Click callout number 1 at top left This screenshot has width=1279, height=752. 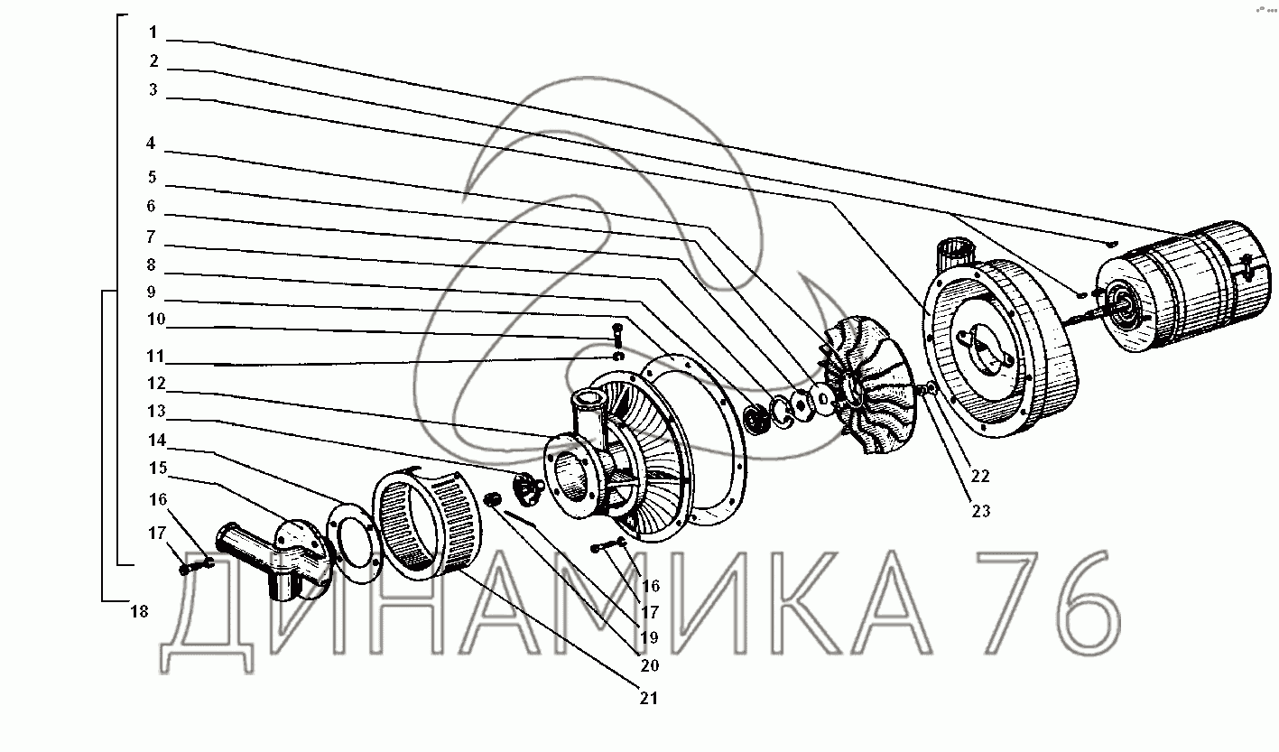point(153,32)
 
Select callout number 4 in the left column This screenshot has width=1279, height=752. point(151,143)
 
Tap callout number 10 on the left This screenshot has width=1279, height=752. point(156,320)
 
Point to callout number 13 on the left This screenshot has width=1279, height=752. point(156,411)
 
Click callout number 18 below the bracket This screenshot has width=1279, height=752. point(139,611)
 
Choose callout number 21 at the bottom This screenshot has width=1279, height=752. point(649,699)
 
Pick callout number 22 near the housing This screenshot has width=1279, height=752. point(980,476)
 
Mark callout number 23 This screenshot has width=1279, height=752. point(981,511)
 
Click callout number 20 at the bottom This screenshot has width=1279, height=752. point(650,665)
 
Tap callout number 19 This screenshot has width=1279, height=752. point(650,637)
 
